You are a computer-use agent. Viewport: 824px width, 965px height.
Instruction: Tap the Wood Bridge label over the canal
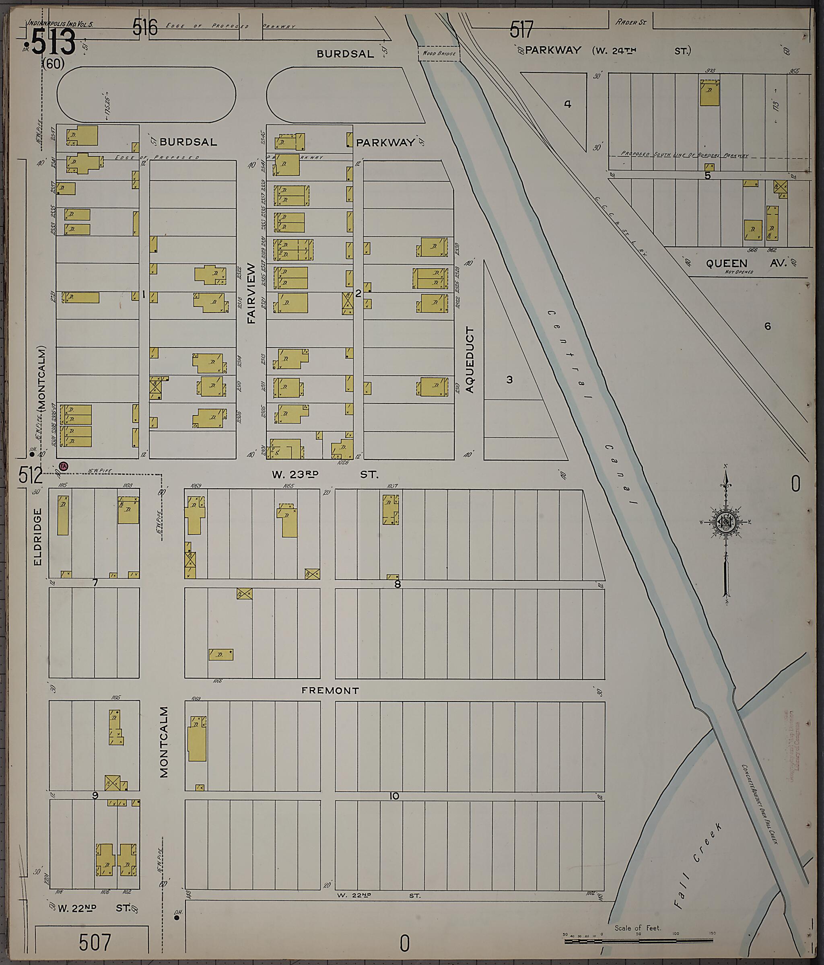[438, 53]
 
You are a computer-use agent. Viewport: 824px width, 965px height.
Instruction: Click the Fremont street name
[330, 691]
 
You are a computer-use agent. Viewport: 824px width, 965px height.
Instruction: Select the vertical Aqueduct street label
[470, 360]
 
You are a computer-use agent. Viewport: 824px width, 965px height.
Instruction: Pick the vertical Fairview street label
[251, 293]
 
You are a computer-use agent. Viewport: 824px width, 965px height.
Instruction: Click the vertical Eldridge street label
[38, 537]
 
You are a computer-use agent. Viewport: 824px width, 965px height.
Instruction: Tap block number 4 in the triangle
[567, 104]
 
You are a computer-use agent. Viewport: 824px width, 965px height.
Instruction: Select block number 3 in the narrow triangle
[509, 380]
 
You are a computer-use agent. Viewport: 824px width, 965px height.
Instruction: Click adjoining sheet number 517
[521, 30]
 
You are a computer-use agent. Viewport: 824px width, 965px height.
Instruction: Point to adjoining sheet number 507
[95, 942]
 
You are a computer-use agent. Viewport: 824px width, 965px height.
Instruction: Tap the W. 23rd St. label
[325, 475]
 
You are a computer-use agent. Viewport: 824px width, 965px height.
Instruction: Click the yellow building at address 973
[709, 93]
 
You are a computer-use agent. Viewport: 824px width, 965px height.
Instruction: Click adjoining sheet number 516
[145, 28]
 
